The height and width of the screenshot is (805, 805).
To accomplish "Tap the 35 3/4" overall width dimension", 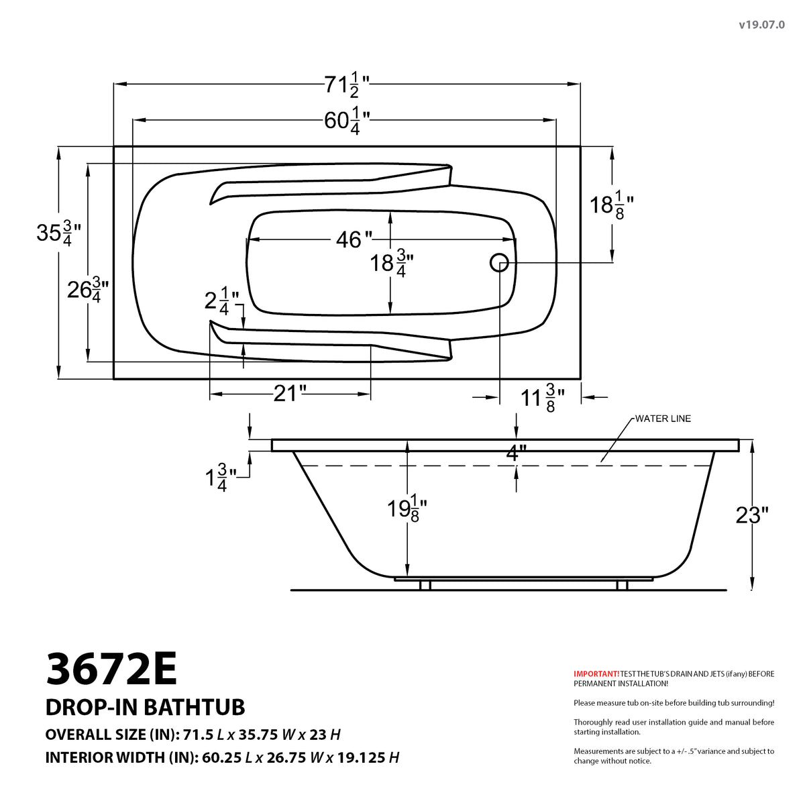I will point(58,233).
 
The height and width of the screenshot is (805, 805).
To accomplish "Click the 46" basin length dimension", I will point(354,239).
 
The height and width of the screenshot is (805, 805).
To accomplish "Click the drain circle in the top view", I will point(499,263).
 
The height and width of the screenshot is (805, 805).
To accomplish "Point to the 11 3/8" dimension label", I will point(542,398).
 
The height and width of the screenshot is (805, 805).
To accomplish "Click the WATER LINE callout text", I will point(663,419).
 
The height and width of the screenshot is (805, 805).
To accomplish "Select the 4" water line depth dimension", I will point(513,453).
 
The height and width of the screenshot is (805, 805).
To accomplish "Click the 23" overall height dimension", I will point(752,515).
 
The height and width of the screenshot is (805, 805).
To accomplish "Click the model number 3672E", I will point(111,669).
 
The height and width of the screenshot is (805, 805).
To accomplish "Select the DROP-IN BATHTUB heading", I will point(145,707).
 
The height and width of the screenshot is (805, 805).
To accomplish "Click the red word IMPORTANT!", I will point(596,674).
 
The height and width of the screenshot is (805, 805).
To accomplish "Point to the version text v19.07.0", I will point(761,25).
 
